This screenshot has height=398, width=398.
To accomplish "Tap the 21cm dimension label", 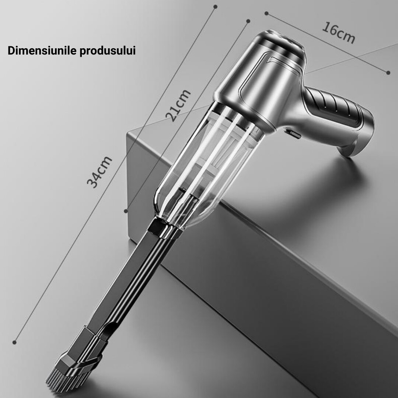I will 178,105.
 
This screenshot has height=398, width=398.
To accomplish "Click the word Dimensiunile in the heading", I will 41,51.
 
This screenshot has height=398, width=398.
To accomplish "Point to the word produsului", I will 108,51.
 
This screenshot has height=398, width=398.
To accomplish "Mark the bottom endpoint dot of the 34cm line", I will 15,342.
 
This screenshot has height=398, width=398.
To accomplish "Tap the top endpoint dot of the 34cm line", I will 216,6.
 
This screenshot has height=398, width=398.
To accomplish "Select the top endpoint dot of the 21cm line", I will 248,21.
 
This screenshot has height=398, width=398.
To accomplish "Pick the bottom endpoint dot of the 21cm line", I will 126,211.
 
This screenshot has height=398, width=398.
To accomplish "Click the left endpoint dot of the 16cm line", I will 266,14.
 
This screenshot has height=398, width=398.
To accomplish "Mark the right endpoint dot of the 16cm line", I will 388,73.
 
